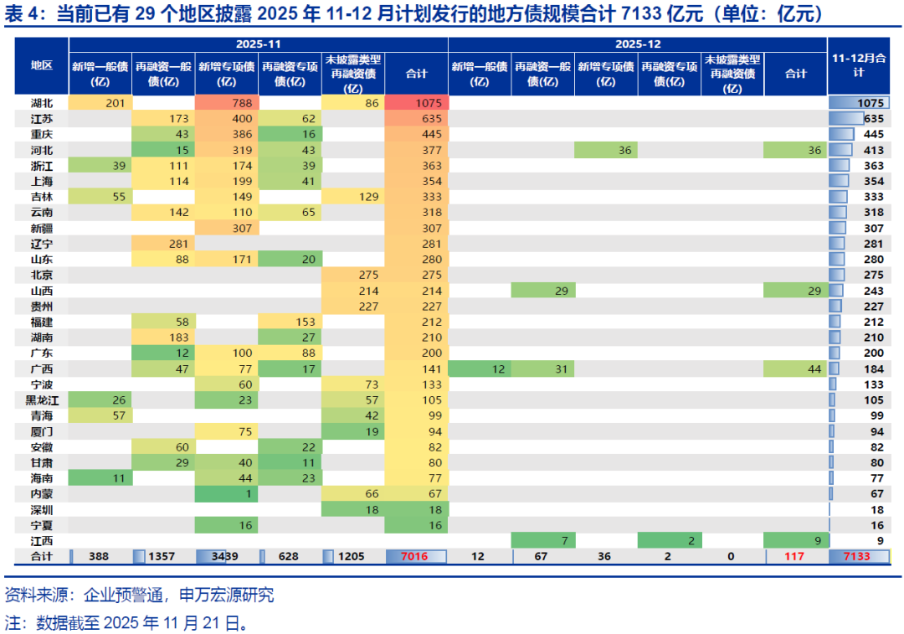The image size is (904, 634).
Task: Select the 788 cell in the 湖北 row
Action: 227,102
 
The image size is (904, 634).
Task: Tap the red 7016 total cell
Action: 416,556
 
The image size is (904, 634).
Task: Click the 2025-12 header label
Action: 637,44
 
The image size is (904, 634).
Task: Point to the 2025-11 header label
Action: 259,44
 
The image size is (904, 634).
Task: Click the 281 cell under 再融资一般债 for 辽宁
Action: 164,244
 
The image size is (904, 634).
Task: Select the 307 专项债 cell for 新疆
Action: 227,228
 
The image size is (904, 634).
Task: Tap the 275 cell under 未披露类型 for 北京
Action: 353,275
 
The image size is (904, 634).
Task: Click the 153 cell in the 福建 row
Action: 290,322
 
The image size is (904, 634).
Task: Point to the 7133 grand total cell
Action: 859,556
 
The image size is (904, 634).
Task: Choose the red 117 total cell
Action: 795,556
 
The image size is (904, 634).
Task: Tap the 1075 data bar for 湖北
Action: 859,102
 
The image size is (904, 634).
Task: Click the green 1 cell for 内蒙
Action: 227,493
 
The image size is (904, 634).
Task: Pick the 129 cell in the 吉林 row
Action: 353,196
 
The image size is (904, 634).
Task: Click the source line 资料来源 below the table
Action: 139,596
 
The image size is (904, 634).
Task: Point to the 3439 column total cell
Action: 227,556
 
